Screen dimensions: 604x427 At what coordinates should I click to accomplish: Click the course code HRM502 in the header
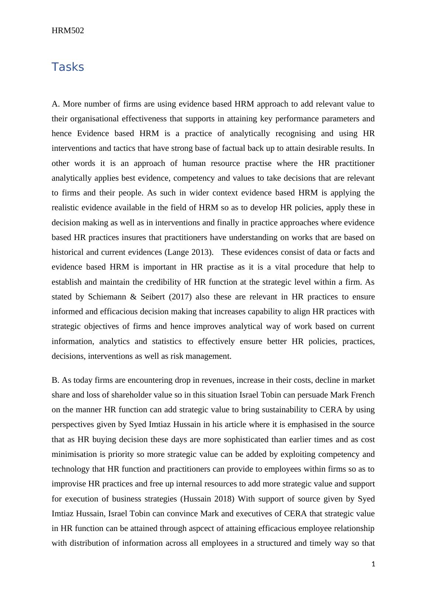pos(68,31)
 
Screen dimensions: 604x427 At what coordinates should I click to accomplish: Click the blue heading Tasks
pos(68,67)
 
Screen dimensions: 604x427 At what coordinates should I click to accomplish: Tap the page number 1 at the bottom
pos(373,564)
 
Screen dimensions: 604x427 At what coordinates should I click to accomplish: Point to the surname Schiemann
pos(105,297)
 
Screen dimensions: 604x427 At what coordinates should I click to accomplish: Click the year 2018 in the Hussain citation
pos(224,499)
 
